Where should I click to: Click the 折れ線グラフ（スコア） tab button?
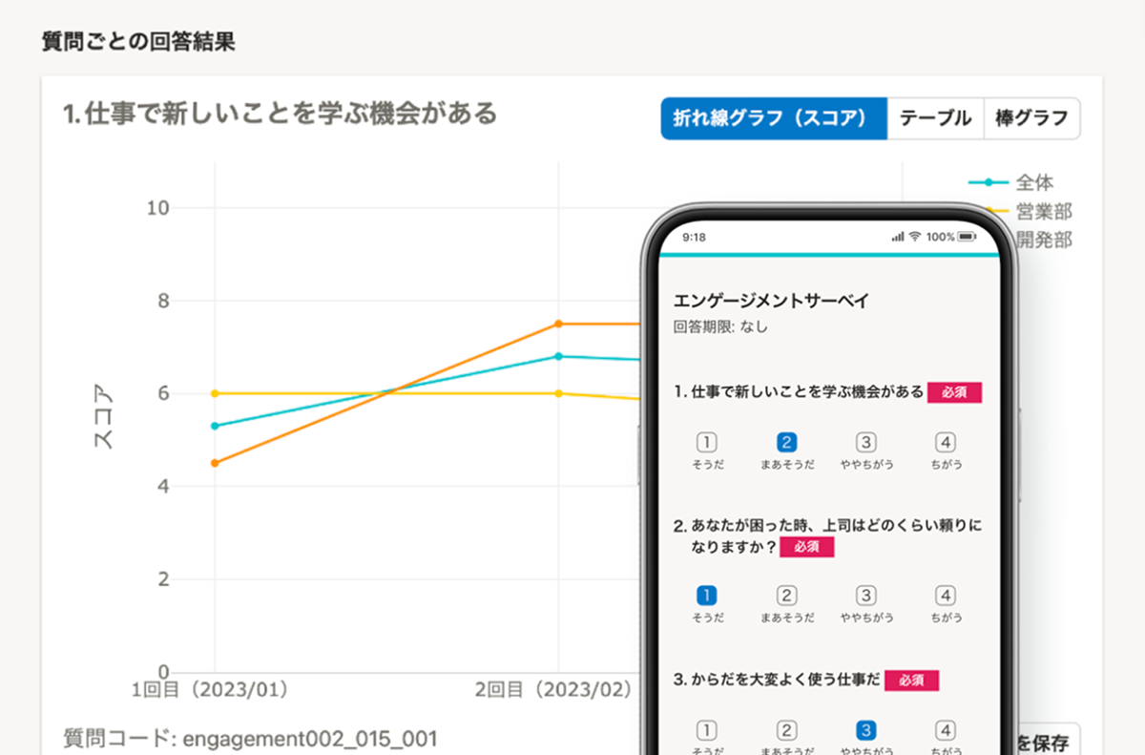point(773,118)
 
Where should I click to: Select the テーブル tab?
point(935,118)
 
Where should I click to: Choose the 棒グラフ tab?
point(1031,118)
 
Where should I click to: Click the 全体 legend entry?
point(1033,182)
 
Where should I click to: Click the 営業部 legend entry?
point(1043,211)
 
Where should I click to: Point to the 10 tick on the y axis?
point(157,208)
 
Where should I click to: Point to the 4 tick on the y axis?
point(163,487)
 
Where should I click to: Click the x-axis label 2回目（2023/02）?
point(553,689)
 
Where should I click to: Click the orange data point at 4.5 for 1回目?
point(215,463)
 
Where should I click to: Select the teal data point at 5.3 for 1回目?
point(215,426)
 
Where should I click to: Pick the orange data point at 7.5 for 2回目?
point(559,324)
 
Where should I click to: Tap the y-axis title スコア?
point(102,421)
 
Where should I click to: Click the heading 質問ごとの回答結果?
point(138,42)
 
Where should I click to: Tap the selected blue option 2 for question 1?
point(787,442)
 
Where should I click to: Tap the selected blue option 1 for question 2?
point(707,596)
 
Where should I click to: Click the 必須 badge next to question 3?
point(911,680)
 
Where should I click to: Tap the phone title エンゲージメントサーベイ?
point(771,301)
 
